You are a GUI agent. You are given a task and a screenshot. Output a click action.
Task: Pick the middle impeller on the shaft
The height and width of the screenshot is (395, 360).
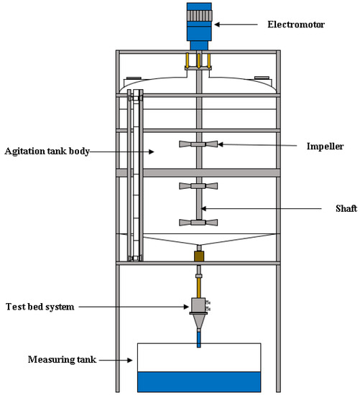[x=198, y=187]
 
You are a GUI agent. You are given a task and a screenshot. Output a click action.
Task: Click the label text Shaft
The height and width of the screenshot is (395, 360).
[x=332, y=209]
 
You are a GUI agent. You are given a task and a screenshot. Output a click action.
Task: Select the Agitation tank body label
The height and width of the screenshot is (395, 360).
[x=46, y=152]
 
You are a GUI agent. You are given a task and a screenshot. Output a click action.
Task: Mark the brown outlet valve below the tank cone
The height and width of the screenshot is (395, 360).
[x=199, y=256]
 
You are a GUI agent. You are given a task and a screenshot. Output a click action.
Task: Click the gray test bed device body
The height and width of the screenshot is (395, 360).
[x=198, y=306]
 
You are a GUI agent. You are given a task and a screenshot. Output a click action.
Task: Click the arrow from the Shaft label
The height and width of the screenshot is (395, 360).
[x=259, y=209]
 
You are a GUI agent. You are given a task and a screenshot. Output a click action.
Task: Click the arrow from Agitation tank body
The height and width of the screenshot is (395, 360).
[x=121, y=152]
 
